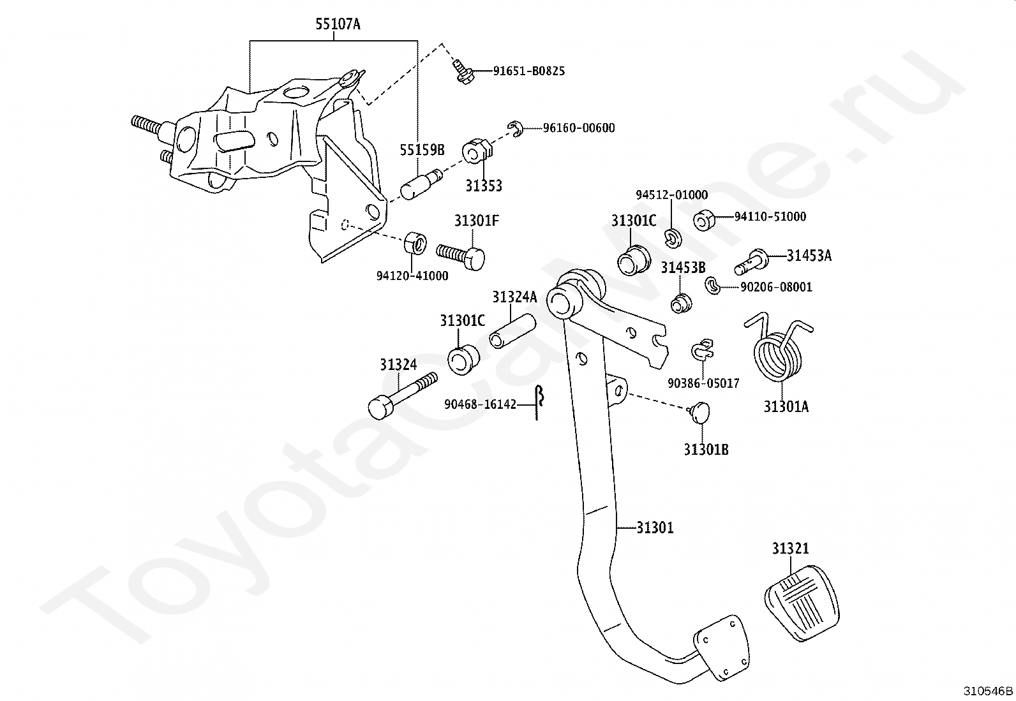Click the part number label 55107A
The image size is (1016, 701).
tap(338, 24)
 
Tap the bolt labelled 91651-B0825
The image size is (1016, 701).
tap(463, 73)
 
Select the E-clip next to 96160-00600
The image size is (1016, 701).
tap(516, 129)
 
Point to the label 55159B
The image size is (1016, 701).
tap(422, 150)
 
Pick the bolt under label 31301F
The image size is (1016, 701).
tap(460, 256)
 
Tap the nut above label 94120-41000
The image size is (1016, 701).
tap(415, 244)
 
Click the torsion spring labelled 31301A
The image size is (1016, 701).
tap(777, 349)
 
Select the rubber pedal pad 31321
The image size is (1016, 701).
tap(802, 603)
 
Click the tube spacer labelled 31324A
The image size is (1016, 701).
tap(512, 331)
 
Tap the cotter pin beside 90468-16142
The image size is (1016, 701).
tap(539, 402)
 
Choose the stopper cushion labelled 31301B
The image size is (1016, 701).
tap(700, 412)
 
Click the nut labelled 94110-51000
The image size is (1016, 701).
tap(704, 220)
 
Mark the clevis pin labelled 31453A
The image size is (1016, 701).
tap(751, 262)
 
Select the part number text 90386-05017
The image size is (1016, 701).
tap(703, 383)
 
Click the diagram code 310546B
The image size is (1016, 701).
tap(988, 691)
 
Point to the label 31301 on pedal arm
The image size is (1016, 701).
tap(655, 528)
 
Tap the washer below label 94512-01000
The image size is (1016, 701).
tap(673, 239)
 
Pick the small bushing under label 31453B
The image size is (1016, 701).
tap(681, 304)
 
